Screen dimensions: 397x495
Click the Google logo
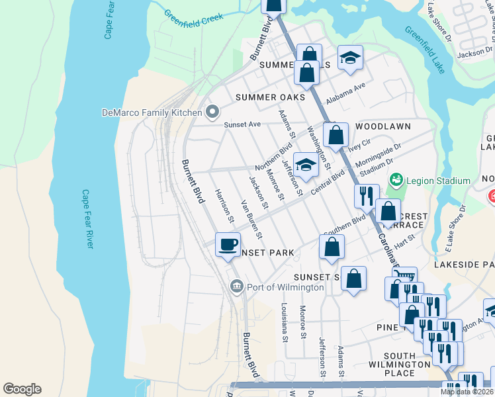(22, 389)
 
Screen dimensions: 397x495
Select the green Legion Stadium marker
(396, 180)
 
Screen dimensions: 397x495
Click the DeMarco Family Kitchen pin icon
(212, 112)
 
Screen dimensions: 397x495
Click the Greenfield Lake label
(426, 50)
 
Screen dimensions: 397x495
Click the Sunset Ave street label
(243, 124)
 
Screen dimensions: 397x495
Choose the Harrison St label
(224, 204)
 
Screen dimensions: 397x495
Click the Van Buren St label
(251, 219)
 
